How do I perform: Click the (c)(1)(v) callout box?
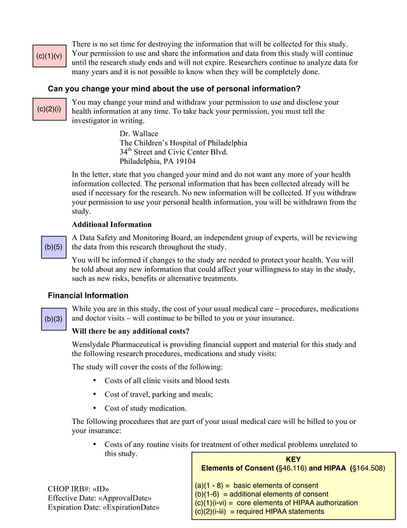49,56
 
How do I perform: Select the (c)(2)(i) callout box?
49,109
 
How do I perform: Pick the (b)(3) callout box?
54,318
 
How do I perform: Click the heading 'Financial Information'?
88,295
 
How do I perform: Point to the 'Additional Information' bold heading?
112,224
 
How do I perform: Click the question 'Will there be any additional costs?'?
130,331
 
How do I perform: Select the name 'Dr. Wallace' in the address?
139,134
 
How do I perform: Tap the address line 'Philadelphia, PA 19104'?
158,161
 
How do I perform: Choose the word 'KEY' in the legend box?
293,459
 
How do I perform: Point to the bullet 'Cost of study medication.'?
145,408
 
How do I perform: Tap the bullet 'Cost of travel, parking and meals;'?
158,394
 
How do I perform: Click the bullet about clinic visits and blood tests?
166,380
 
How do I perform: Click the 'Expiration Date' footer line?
103,508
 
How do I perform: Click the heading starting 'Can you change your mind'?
174,88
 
